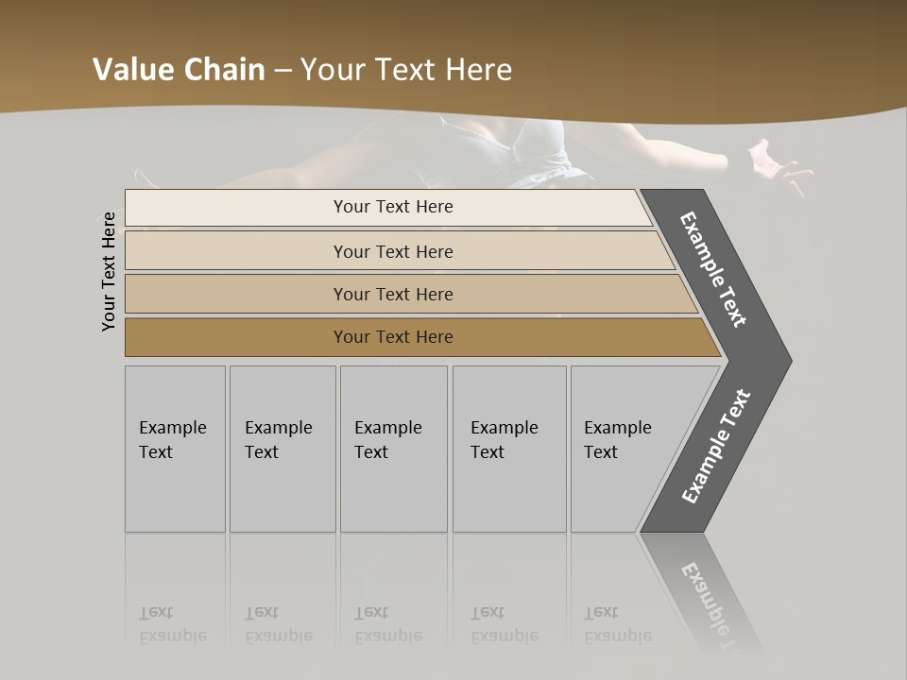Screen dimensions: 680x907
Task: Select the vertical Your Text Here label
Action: [x=109, y=271]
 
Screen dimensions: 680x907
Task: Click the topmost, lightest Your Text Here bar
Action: [x=393, y=207]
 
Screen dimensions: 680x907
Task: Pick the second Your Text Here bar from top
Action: [x=393, y=251]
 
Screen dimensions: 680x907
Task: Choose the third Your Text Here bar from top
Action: [x=393, y=294]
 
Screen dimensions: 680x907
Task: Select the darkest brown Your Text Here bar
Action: [x=393, y=337]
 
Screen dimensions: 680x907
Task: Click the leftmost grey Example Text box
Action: [x=175, y=449]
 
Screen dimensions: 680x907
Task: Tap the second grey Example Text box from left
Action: [x=282, y=449]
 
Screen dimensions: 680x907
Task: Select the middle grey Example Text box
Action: [x=393, y=449]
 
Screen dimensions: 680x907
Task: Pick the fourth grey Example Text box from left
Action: [x=509, y=449]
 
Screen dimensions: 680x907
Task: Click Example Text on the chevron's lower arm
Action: [x=716, y=447]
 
